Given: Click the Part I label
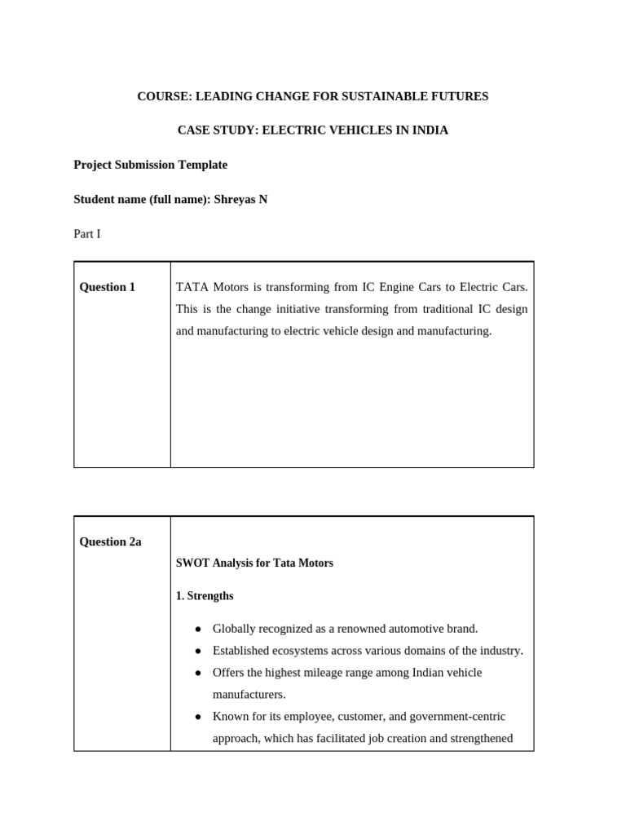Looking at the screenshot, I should point(87,234).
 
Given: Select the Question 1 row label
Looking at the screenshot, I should point(108,287).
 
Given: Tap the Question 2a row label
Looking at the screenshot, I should point(110,541).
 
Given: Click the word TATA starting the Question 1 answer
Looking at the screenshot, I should point(192,287).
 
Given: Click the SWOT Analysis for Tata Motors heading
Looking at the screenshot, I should point(254,563).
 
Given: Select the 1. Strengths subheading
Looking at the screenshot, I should point(205,596).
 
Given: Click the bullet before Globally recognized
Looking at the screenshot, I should point(198,629).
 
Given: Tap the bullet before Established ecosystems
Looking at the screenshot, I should point(198,651).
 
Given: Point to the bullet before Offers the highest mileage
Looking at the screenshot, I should point(198,673).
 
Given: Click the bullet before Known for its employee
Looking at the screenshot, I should point(198,717).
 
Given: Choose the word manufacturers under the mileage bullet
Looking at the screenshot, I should point(249,695).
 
